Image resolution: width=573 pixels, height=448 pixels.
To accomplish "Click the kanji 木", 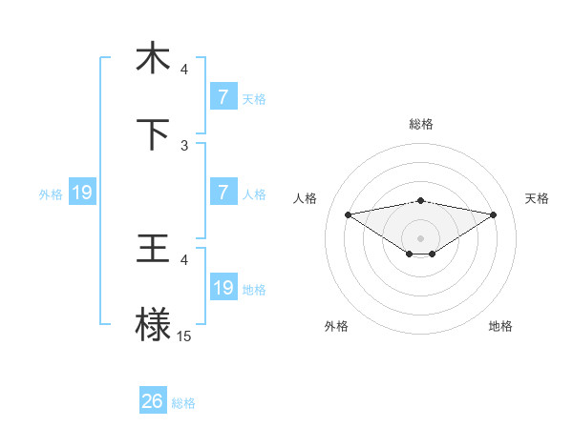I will [x=153, y=58].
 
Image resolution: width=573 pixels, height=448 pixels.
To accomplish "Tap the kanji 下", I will [x=153, y=134].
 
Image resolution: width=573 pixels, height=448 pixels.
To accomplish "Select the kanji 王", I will [x=153, y=249].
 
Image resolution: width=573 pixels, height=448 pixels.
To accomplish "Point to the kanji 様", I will [x=153, y=325].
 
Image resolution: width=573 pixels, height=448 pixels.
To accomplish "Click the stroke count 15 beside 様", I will [x=184, y=336].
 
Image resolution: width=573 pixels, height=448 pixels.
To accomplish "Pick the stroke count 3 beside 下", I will [x=184, y=145].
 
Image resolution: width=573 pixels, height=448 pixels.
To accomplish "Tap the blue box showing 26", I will [x=153, y=401].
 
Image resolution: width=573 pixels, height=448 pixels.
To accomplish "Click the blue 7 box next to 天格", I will [x=223, y=97].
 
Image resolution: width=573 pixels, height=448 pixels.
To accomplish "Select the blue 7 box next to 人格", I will [x=223, y=193].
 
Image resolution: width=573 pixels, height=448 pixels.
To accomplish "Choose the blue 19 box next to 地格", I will [x=223, y=288].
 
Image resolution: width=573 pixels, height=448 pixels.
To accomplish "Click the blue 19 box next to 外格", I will [x=82, y=193].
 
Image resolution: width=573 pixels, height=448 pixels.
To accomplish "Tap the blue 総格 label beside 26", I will [x=183, y=403].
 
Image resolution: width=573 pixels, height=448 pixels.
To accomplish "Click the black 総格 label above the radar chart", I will [x=421, y=124].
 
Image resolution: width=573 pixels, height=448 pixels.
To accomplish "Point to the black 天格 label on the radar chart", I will [x=537, y=198].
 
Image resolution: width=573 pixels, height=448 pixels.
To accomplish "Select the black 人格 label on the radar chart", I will [x=307, y=198].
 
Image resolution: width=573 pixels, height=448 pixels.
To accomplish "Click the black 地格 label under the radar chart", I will [x=500, y=326].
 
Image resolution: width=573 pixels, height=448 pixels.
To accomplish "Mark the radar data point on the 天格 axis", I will [x=494, y=214].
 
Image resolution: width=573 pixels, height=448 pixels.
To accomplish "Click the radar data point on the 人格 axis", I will [x=349, y=214].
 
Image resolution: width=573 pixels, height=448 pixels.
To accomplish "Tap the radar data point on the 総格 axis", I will [x=421, y=200].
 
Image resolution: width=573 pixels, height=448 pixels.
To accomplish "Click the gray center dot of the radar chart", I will [x=421, y=237].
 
